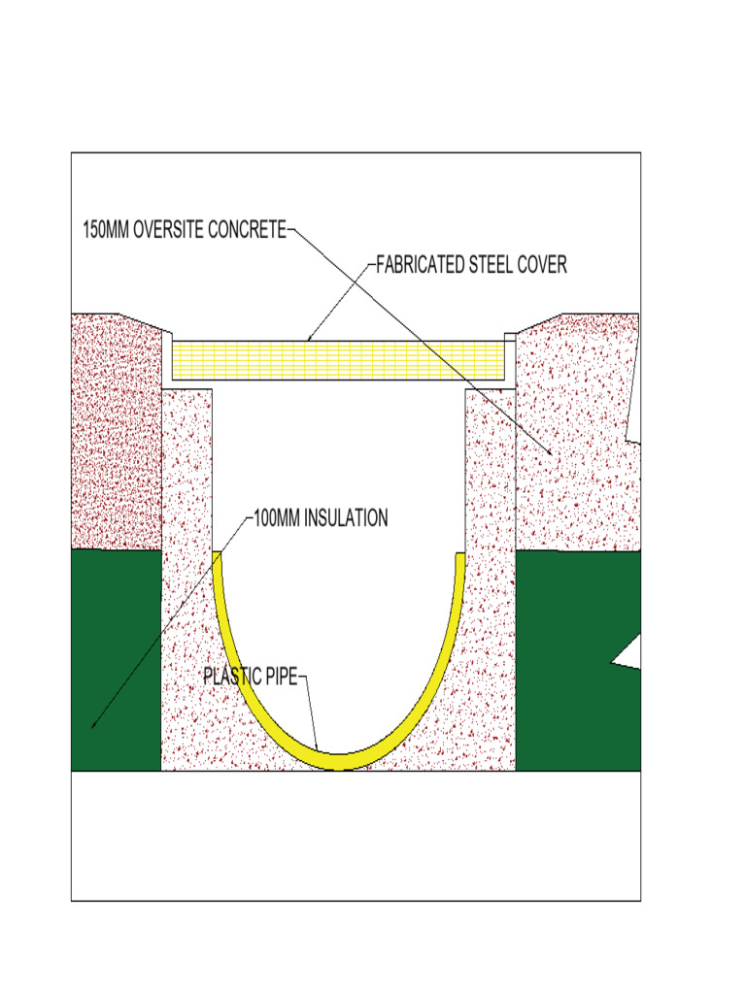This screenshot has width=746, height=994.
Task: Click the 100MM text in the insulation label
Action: (277, 517)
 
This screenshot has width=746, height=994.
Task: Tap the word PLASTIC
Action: (232, 676)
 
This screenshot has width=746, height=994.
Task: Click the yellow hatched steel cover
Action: (340, 359)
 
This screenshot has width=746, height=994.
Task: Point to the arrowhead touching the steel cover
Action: (310, 338)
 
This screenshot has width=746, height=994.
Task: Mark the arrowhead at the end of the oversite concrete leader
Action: (551, 452)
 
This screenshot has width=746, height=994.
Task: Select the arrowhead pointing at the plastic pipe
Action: (318, 748)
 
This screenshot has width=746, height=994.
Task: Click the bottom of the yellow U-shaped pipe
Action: (339, 761)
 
